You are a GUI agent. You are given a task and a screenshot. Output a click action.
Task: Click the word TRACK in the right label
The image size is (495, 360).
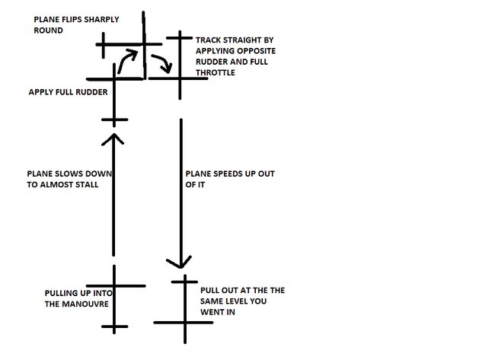coord(209,40)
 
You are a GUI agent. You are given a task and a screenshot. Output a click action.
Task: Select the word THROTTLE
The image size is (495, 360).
coord(215,72)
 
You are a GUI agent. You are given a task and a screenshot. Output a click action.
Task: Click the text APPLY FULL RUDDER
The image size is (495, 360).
coord(68,91)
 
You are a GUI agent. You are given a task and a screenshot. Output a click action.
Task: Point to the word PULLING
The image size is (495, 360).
coord(62,292)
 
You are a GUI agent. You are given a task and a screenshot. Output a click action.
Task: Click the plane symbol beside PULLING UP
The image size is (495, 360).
coord(114,297)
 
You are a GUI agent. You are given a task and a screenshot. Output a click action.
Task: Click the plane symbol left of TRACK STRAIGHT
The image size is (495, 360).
coord(179,65)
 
